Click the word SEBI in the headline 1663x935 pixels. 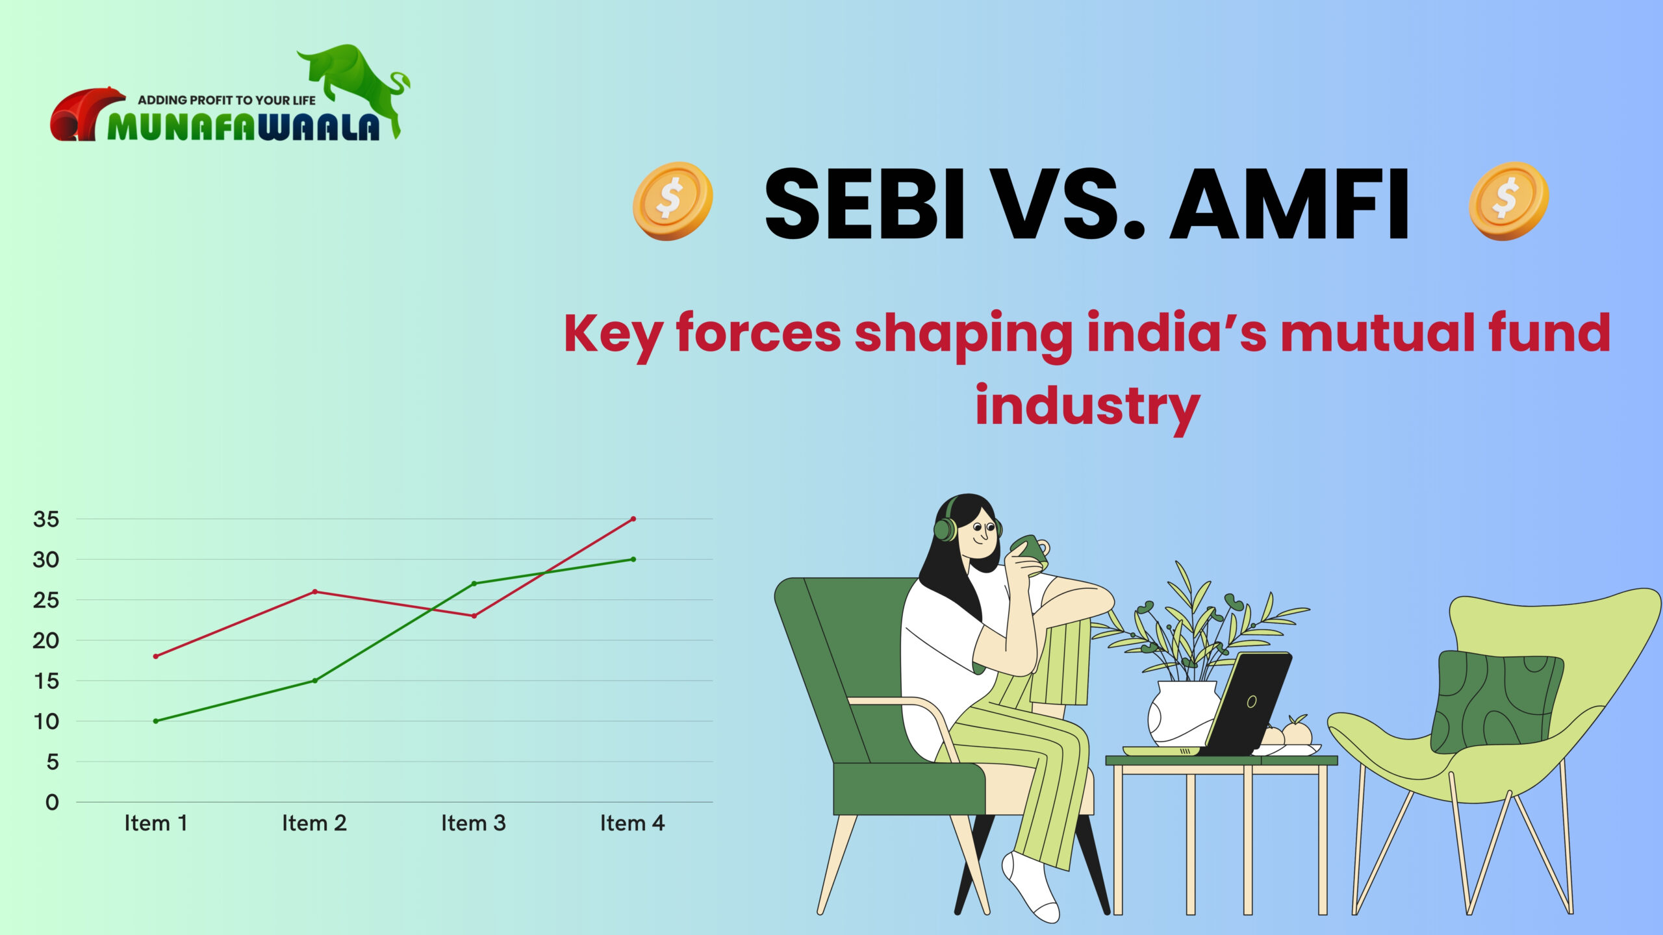click(864, 204)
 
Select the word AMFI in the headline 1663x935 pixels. click(1289, 204)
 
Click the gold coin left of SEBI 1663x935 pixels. click(672, 201)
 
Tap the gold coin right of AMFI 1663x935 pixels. click(1508, 201)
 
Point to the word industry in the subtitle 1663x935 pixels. click(1087, 406)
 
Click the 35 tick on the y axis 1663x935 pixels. click(46, 519)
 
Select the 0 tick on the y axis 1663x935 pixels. click(52, 803)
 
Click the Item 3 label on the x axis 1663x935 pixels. click(473, 823)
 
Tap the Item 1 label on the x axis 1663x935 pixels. click(156, 823)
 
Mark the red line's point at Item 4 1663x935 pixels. click(633, 519)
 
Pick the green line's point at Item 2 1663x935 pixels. click(315, 680)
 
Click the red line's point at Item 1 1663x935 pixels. click(156, 656)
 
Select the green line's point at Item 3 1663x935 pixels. click(474, 584)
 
